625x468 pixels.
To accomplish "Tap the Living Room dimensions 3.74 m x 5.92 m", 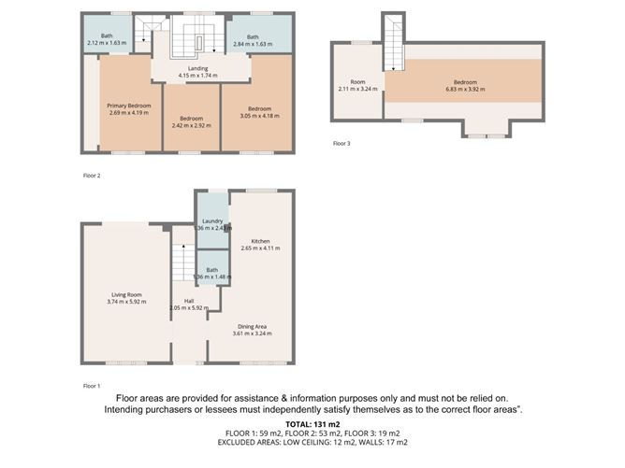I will point(126,302).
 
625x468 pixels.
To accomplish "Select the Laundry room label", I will point(211,221).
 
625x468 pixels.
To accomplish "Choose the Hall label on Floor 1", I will point(188,301).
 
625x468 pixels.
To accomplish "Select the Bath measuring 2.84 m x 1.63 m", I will point(253,38).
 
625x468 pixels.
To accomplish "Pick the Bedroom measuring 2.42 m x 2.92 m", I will point(191,119).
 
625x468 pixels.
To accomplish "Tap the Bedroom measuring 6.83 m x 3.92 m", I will point(465,82).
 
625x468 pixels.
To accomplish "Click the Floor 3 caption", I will point(342,144).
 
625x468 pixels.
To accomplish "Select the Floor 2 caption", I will point(92,176).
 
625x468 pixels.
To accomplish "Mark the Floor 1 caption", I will point(92,385).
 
